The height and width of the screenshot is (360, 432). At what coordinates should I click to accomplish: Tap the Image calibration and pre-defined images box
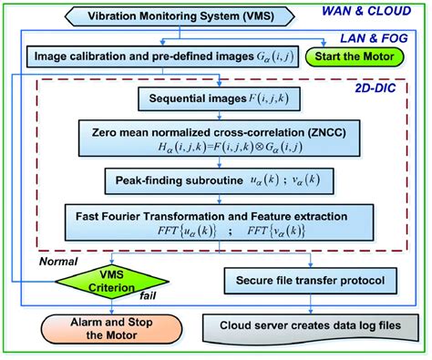click(159, 57)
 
